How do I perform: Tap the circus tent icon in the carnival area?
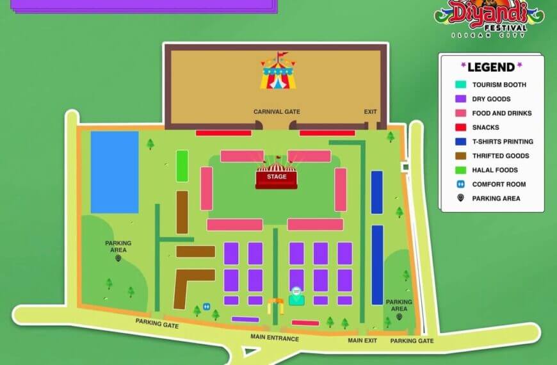coord(278,72)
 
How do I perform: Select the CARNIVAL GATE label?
coord(277,111)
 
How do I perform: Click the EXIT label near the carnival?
coord(371,111)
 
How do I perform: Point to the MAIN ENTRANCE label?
coord(275,338)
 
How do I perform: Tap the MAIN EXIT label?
coord(362,340)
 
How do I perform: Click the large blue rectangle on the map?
coord(115,172)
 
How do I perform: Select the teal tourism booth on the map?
coord(296,298)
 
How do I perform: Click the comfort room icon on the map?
coord(207,307)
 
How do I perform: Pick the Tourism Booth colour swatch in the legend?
coord(460,85)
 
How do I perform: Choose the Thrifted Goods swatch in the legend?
coord(460,156)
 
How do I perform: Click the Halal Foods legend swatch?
coord(460,170)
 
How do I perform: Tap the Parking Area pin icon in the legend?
coord(460,199)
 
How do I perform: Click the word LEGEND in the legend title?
coord(491,67)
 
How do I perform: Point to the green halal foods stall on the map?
coord(182,166)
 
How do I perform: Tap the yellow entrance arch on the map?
coord(275,305)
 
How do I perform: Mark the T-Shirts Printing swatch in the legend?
coord(460,142)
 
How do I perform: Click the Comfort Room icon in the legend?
coord(460,184)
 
